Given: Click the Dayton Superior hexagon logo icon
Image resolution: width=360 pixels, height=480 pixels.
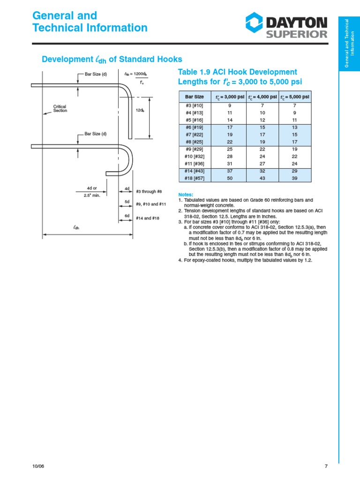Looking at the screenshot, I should point(255,24).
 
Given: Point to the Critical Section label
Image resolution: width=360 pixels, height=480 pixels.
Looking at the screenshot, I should point(60,109).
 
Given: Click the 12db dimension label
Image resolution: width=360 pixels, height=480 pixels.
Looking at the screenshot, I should point(140,110).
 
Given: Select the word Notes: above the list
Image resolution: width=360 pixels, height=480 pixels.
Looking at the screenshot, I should point(186,194).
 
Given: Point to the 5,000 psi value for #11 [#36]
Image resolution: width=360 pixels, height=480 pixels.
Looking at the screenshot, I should point(295,164).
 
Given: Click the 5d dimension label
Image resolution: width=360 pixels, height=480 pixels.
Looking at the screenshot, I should point(127,202).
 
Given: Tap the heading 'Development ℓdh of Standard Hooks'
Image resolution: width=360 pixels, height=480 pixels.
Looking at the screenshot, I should point(112,60).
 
